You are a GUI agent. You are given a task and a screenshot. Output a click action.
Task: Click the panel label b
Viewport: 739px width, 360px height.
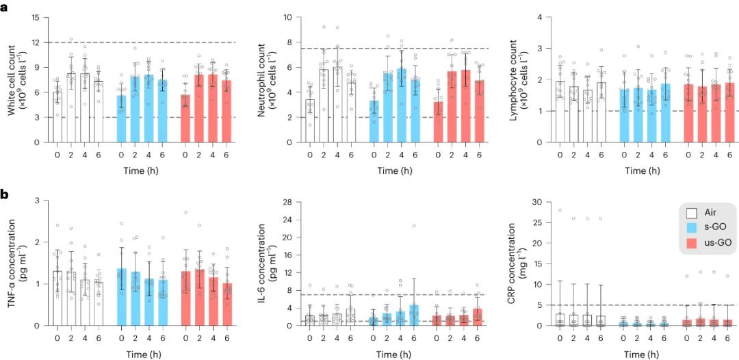[5, 195]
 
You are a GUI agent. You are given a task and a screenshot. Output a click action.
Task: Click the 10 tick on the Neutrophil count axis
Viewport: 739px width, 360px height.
[289, 17]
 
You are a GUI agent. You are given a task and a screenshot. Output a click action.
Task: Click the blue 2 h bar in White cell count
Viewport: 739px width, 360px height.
[135, 110]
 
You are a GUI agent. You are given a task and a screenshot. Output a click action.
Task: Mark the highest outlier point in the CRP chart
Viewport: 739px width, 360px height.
[560, 210]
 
